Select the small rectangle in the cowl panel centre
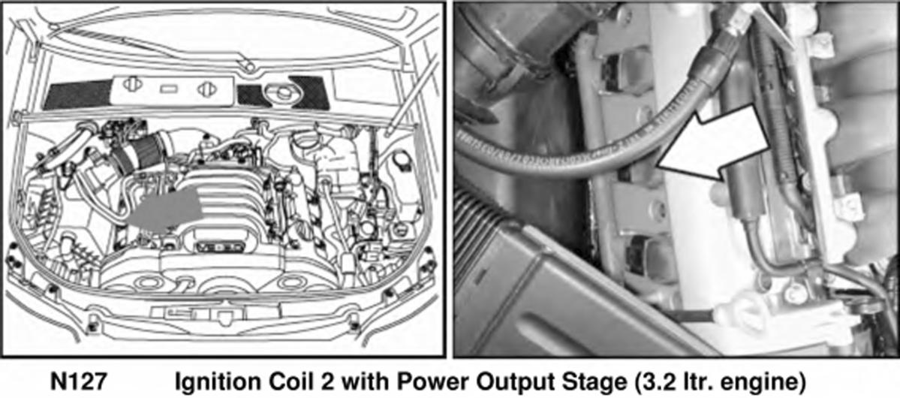[170, 89]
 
